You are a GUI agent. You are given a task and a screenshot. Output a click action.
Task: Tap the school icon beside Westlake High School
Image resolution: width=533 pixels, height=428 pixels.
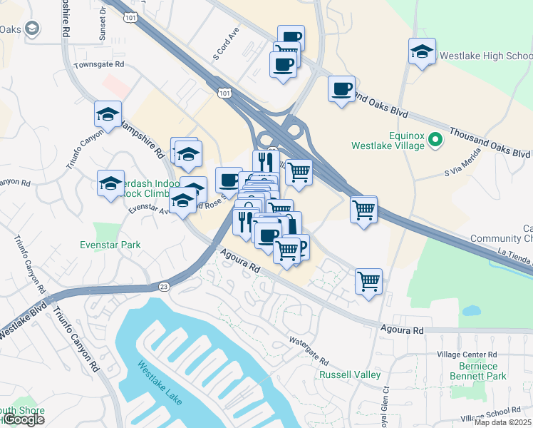(422, 51)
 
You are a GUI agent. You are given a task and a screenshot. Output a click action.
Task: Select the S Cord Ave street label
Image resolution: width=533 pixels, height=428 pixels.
(225, 45)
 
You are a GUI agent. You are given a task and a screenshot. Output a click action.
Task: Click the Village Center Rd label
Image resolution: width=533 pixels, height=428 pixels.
(468, 355)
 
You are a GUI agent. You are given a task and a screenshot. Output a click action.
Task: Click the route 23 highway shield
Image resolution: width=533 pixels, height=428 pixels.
(164, 287)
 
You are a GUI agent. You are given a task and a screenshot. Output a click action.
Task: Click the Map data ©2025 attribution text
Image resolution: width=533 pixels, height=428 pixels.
(502, 422)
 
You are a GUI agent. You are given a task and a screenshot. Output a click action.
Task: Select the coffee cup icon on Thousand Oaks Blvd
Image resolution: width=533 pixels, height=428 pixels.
(341, 88)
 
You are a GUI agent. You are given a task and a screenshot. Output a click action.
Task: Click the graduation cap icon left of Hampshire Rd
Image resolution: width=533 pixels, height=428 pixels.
(108, 114)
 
